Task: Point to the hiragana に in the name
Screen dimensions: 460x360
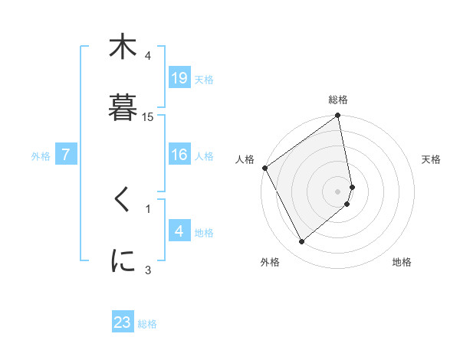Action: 123,260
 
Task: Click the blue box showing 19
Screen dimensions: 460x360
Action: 179,78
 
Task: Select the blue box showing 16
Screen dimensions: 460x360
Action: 179,155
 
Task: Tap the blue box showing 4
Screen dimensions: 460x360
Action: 179,231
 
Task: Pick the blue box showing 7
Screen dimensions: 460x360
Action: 66,155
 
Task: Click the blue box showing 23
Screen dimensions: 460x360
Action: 123,322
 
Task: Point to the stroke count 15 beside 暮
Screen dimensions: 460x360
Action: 148,116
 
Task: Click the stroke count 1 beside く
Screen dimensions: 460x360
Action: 148,207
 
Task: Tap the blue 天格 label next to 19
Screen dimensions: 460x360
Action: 204,79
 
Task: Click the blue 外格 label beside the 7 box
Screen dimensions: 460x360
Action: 41,155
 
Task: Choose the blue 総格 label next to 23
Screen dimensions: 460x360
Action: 147,324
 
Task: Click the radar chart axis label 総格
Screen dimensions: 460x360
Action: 338,100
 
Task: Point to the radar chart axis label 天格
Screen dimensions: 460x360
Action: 432,159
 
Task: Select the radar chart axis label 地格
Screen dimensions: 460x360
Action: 402,262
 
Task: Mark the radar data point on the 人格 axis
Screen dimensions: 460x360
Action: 265,168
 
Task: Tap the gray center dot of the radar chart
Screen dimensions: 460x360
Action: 338,191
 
